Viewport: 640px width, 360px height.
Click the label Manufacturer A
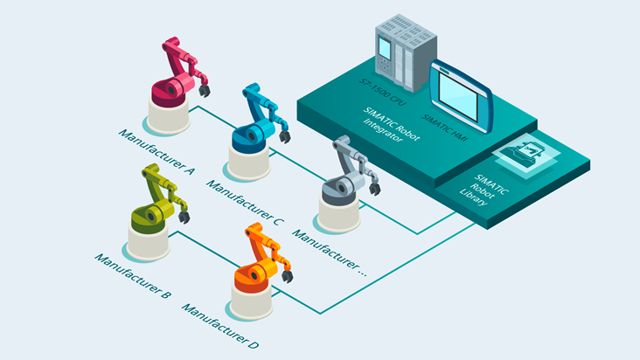[157, 152]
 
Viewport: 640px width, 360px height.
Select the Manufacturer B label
[133, 275]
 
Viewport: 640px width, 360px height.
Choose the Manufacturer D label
[220, 326]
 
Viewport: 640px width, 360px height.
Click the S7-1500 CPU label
[382, 92]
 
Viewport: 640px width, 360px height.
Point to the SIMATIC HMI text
[444, 128]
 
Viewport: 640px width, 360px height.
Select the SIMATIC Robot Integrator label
[389, 125]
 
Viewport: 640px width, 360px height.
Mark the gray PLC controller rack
[406, 52]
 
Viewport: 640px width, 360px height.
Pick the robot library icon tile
[526, 155]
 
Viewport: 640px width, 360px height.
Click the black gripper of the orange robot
[288, 276]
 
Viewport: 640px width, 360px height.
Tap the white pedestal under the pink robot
[169, 117]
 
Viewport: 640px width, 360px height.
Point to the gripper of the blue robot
[285, 136]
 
